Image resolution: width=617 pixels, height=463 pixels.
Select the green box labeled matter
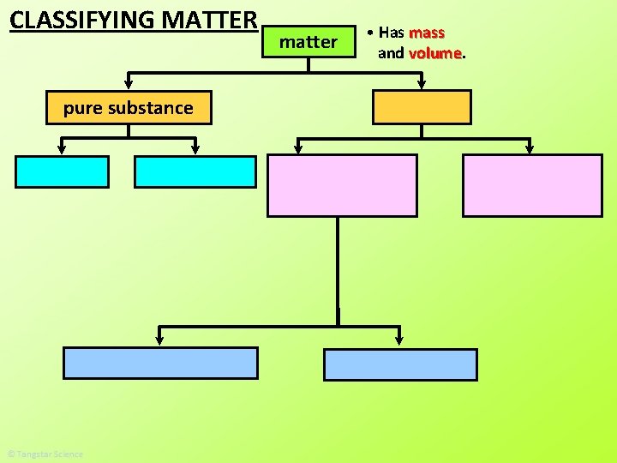308,41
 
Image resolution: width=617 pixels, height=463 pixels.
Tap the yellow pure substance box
129,108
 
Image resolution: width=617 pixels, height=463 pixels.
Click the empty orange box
422,107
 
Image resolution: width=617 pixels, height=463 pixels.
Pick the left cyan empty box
63,171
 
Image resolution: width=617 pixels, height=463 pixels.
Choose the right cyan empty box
195,171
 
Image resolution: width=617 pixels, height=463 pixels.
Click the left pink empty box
343,185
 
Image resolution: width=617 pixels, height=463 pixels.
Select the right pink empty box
532,185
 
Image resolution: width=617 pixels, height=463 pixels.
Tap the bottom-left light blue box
160,363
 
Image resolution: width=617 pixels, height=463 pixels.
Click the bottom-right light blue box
400,364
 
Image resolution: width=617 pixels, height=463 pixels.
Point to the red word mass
427,33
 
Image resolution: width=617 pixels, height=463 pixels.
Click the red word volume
435,53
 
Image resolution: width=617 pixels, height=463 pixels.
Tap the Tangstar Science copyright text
45,454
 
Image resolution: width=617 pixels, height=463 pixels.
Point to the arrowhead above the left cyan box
63,149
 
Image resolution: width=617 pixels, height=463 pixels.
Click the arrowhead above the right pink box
529,148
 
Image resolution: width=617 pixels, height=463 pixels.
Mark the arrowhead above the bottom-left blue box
160,340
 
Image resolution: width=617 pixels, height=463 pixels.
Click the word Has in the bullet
391,33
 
